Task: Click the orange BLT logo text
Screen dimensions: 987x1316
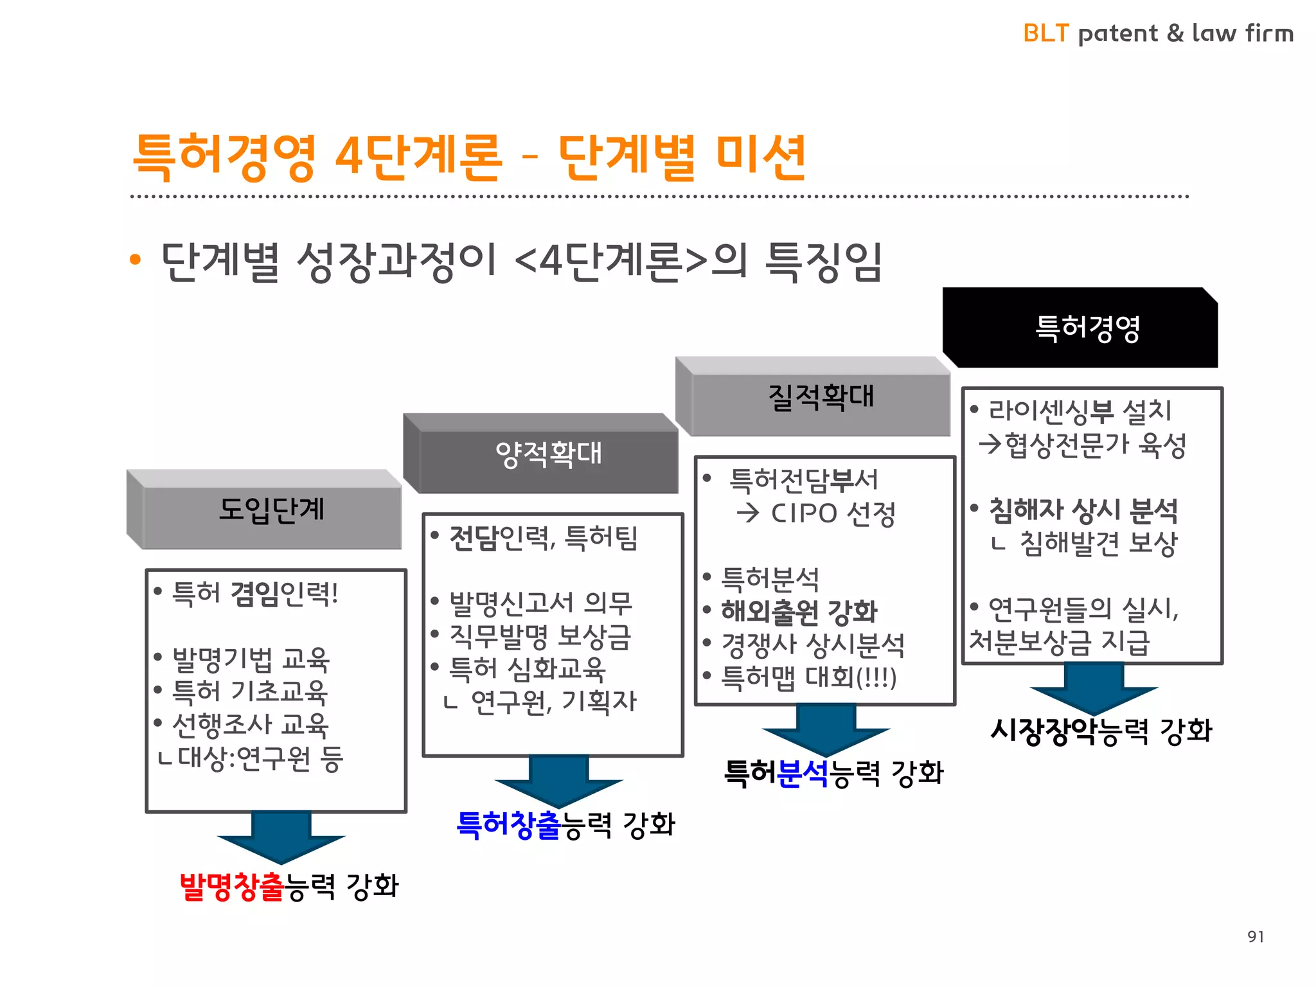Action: click(x=1045, y=33)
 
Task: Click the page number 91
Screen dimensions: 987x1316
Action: click(x=1256, y=937)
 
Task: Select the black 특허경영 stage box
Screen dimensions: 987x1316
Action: click(x=1086, y=328)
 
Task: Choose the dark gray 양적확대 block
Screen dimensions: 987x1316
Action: click(x=548, y=454)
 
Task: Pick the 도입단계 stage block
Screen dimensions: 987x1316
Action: click(x=271, y=510)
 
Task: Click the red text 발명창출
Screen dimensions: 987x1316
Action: click(x=231, y=886)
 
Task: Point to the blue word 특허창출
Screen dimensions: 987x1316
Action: click(x=508, y=824)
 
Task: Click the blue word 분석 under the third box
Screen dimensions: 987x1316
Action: click(x=803, y=773)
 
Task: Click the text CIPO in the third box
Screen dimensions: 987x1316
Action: click(x=804, y=513)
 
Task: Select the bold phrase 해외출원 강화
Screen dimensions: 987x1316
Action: click(x=799, y=612)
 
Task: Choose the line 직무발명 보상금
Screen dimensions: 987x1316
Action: click(x=540, y=636)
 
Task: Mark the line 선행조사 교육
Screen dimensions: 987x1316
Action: click(x=251, y=725)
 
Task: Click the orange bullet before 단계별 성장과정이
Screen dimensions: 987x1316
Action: click(x=135, y=260)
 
